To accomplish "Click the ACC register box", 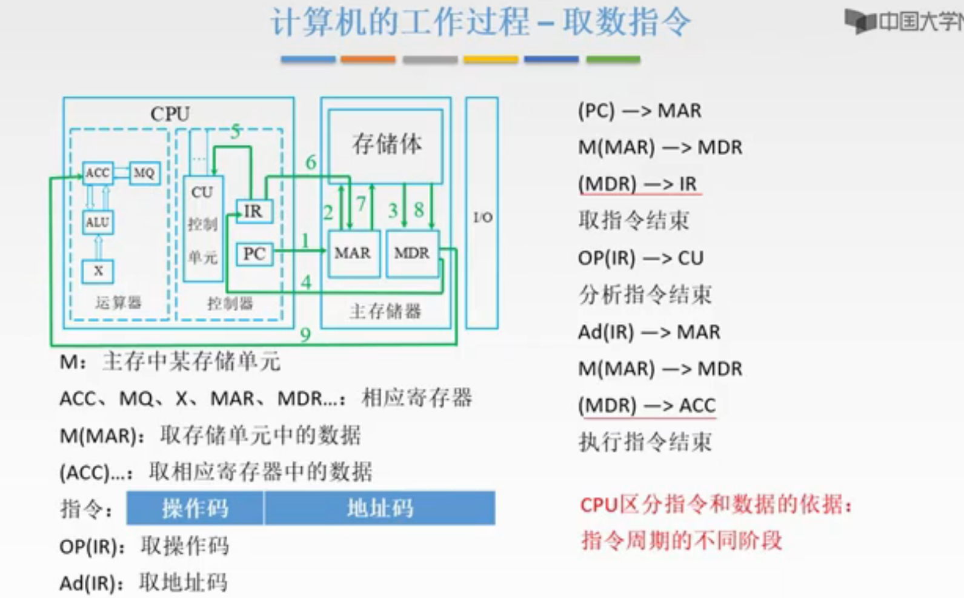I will click(98, 173).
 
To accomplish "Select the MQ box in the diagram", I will click(144, 173).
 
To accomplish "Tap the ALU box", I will click(98, 222).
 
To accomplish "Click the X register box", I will click(98, 271).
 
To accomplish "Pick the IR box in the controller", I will click(253, 211).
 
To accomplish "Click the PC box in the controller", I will click(254, 254).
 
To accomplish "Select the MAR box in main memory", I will click(353, 253).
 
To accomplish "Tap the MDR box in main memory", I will click(412, 253).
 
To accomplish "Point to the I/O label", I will click(482, 217).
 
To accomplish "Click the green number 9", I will click(305, 334).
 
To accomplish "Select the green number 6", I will click(311, 163).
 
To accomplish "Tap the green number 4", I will click(306, 282).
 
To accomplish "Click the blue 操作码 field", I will click(195, 508).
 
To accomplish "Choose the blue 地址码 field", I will click(380, 508).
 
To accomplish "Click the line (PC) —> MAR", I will click(639, 111).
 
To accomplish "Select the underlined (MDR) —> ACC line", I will click(647, 405).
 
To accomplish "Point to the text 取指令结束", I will click(634, 221).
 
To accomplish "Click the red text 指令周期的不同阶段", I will click(682, 540).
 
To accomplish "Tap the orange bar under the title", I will click(368, 59).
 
